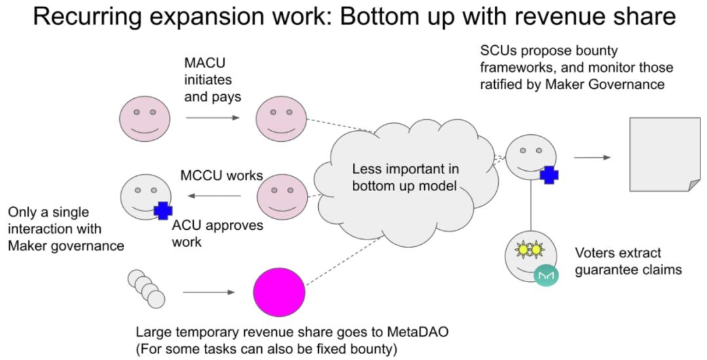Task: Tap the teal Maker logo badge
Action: [x=545, y=276]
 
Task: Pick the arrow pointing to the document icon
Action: [x=592, y=157]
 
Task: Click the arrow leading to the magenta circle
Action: [x=209, y=292]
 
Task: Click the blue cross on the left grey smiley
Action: [x=162, y=210]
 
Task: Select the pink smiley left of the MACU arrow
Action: [x=145, y=118]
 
